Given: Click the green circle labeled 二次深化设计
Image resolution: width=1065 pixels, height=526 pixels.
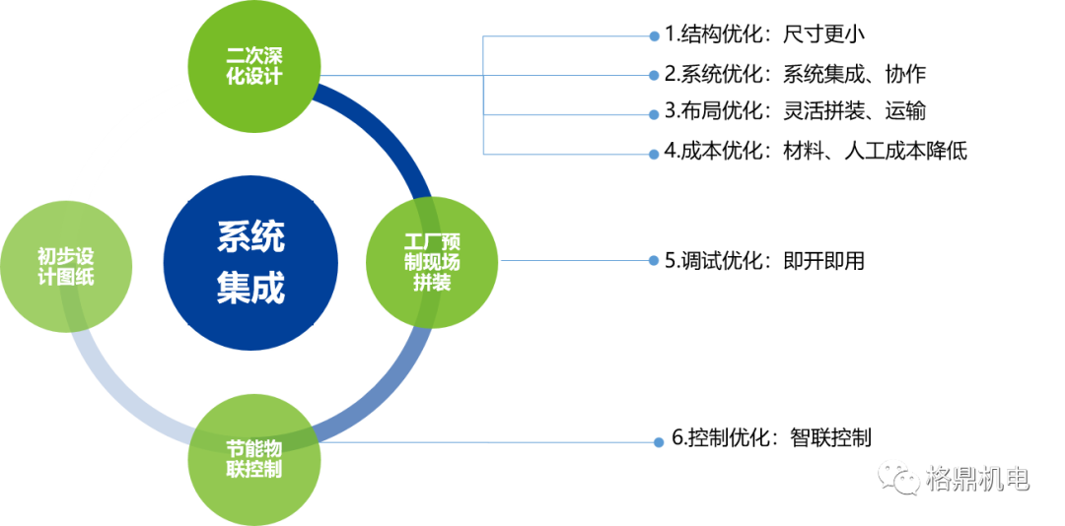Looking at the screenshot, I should point(254,67).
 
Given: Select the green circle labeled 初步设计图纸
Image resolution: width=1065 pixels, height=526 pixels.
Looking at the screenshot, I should point(66,266).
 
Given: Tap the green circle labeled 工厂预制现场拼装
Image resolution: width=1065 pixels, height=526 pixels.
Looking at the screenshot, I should point(433,261).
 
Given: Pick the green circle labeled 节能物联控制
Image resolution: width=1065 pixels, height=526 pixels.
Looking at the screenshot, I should point(254,459).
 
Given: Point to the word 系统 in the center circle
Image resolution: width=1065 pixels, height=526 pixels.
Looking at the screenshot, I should point(250,237).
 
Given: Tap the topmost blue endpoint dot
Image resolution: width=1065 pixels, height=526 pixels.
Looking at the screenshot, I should point(654,36).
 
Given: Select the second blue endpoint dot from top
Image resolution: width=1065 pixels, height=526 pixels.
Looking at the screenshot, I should point(654,75).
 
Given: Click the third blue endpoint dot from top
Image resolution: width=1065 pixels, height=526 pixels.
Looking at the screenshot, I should point(654,114).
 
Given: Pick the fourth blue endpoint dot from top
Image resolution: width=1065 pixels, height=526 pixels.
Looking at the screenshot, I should point(654,155).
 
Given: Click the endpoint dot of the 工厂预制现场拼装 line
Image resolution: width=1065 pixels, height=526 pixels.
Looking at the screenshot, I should point(654,261).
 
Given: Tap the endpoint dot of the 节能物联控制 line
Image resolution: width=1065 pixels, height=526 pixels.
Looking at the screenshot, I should point(659,442).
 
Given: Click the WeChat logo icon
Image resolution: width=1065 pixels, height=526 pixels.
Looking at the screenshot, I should point(898,478).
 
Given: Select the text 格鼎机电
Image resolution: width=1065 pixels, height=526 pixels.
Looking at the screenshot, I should point(977,479).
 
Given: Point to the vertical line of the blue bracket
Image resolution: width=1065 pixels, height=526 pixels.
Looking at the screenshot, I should point(483,96).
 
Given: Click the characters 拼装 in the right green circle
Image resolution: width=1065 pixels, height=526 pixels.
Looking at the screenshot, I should point(433,283).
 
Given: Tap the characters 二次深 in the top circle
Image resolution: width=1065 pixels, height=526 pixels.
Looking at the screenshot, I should point(254,56).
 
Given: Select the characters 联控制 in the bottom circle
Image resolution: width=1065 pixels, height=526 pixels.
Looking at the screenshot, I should point(254,470).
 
